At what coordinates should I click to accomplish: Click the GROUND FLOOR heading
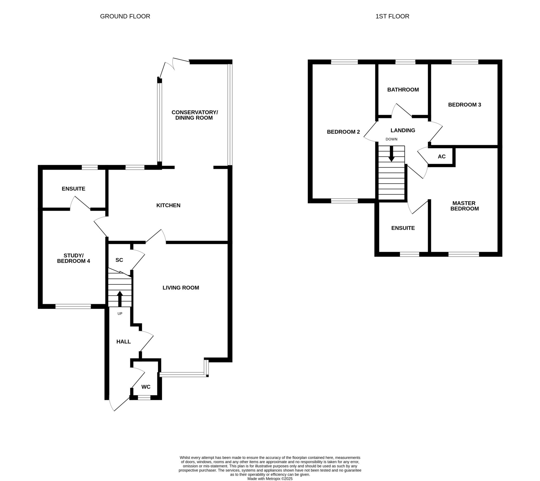[125, 16]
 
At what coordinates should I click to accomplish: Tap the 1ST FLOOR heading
[392, 16]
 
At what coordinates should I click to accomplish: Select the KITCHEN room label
[168, 205]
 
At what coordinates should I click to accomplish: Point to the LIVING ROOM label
[181, 287]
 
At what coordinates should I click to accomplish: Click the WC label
[146, 387]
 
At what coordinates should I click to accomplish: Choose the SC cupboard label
[119, 260]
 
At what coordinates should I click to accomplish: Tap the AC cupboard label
[442, 157]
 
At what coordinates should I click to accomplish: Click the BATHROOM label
[403, 90]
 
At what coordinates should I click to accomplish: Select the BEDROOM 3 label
[465, 105]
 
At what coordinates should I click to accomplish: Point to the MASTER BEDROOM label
[464, 206]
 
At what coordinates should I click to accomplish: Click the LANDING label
[403, 130]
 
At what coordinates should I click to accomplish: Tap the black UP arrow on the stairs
[120, 299]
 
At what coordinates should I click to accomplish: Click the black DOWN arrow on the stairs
[391, 154]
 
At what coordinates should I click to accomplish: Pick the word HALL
[124, 342]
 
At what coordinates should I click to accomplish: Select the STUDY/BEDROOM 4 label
[74, 258]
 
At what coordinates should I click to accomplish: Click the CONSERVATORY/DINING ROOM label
[195, 115]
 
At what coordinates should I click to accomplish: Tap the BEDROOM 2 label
[344, 132]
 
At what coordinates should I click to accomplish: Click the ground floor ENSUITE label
[74, 189]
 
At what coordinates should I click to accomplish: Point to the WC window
[144, 397]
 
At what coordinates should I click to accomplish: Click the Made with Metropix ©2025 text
[270, 479]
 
